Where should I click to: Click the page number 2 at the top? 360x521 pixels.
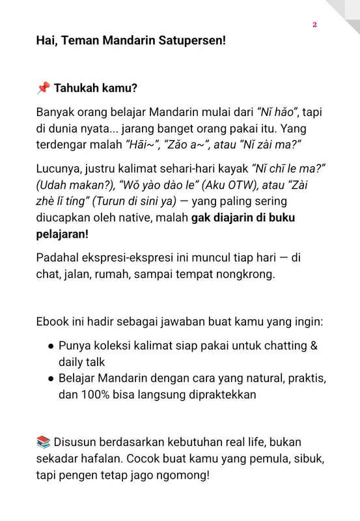tap(314, 25)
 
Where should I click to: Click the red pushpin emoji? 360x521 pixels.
tap(43, 88)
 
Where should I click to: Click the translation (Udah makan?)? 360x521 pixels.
tap(74, 184)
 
